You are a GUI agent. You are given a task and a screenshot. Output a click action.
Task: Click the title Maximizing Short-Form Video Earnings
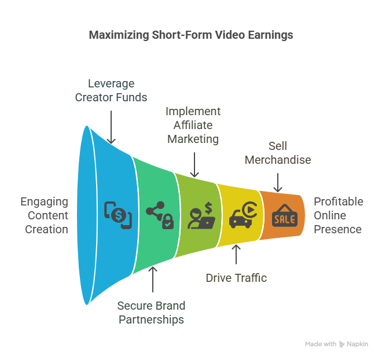(191, 35)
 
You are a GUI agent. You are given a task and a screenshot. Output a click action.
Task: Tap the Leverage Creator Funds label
(111, 90)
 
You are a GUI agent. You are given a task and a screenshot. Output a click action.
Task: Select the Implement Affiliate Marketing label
(193, 125)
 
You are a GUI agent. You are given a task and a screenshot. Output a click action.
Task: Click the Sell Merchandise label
(278, 153)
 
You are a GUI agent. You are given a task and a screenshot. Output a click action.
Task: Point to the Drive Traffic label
(236, 278)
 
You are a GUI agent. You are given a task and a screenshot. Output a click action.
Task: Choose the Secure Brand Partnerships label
(151, 313)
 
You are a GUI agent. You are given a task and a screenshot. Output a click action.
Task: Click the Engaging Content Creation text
(45, 215)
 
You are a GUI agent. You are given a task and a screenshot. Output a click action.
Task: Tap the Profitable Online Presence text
(339, 215)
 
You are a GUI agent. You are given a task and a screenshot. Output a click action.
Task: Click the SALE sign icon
(285, 215)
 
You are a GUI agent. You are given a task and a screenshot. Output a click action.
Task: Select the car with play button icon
(243, 215)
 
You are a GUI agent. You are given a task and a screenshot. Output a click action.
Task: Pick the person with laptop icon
(201, 215)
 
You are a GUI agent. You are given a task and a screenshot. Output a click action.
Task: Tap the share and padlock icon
(160, 215)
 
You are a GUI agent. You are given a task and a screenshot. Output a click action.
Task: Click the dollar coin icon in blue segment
(118, 215)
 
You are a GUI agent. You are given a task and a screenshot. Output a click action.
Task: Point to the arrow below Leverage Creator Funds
(111, 127)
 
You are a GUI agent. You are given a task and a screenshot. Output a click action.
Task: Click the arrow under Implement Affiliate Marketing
(194, 164)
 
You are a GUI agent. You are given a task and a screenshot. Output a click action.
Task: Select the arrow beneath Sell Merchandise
(278, 182)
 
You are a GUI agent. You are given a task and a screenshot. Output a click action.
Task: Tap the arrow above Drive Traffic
(236, 255)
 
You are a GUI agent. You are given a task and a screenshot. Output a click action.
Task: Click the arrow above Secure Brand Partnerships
(153, 280)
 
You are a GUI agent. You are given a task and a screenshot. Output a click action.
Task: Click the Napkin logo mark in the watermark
(342, 344)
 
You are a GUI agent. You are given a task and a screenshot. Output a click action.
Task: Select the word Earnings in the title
(271, 35)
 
